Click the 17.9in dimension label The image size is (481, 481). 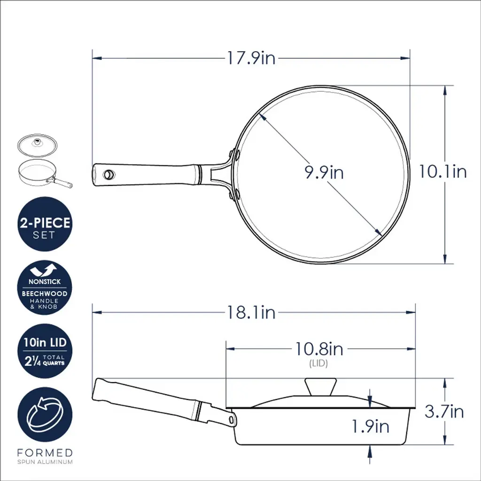(251, 58)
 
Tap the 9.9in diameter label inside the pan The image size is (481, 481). (324, 172)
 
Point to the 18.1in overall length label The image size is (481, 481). (251, 312)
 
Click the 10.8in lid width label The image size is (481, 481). (319, 349)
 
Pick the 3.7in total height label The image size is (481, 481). (444, 411)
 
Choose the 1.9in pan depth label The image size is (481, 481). (370, 427)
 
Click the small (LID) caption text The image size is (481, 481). (318, 363)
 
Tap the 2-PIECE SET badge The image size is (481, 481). (45, 224)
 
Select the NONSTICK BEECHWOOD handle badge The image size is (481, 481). (45, 288)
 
